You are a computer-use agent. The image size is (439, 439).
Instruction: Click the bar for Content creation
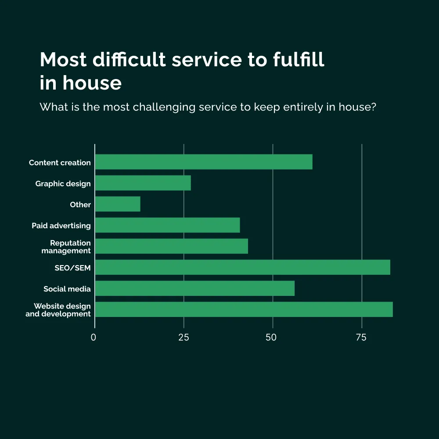pos(204,162)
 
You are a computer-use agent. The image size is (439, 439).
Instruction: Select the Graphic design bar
pos(143,183)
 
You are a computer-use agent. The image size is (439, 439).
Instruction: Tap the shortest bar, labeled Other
pos(118,204)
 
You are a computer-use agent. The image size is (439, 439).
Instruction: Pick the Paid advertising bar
pos(168,225)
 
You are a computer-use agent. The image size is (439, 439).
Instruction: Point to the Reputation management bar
pos(172,246)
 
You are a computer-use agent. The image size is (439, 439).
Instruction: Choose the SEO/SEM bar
pos(243,267)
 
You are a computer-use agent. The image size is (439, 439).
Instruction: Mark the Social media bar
pos(195,288)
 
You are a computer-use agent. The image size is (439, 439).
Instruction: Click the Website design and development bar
pos(244,309)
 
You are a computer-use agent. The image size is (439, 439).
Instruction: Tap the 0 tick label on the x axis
pos(94,338)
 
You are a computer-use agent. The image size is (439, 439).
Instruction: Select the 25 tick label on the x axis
pos(184,338)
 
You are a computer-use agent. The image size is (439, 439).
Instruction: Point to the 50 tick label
pos(271,338)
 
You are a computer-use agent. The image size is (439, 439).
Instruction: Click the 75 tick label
pos(361,338)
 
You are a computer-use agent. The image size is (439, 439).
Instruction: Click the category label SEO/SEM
pos(72,268)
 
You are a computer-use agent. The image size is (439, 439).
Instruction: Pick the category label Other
pos(80,205)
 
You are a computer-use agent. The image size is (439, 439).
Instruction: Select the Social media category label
pos(67,289)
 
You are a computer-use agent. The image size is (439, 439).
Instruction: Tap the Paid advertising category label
pos(61,226)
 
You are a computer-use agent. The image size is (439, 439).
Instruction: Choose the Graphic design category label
pos(63,184)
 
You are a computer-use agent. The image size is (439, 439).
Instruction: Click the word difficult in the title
pos(130,60)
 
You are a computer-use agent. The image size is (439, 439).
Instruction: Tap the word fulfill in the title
pos(299,60)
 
